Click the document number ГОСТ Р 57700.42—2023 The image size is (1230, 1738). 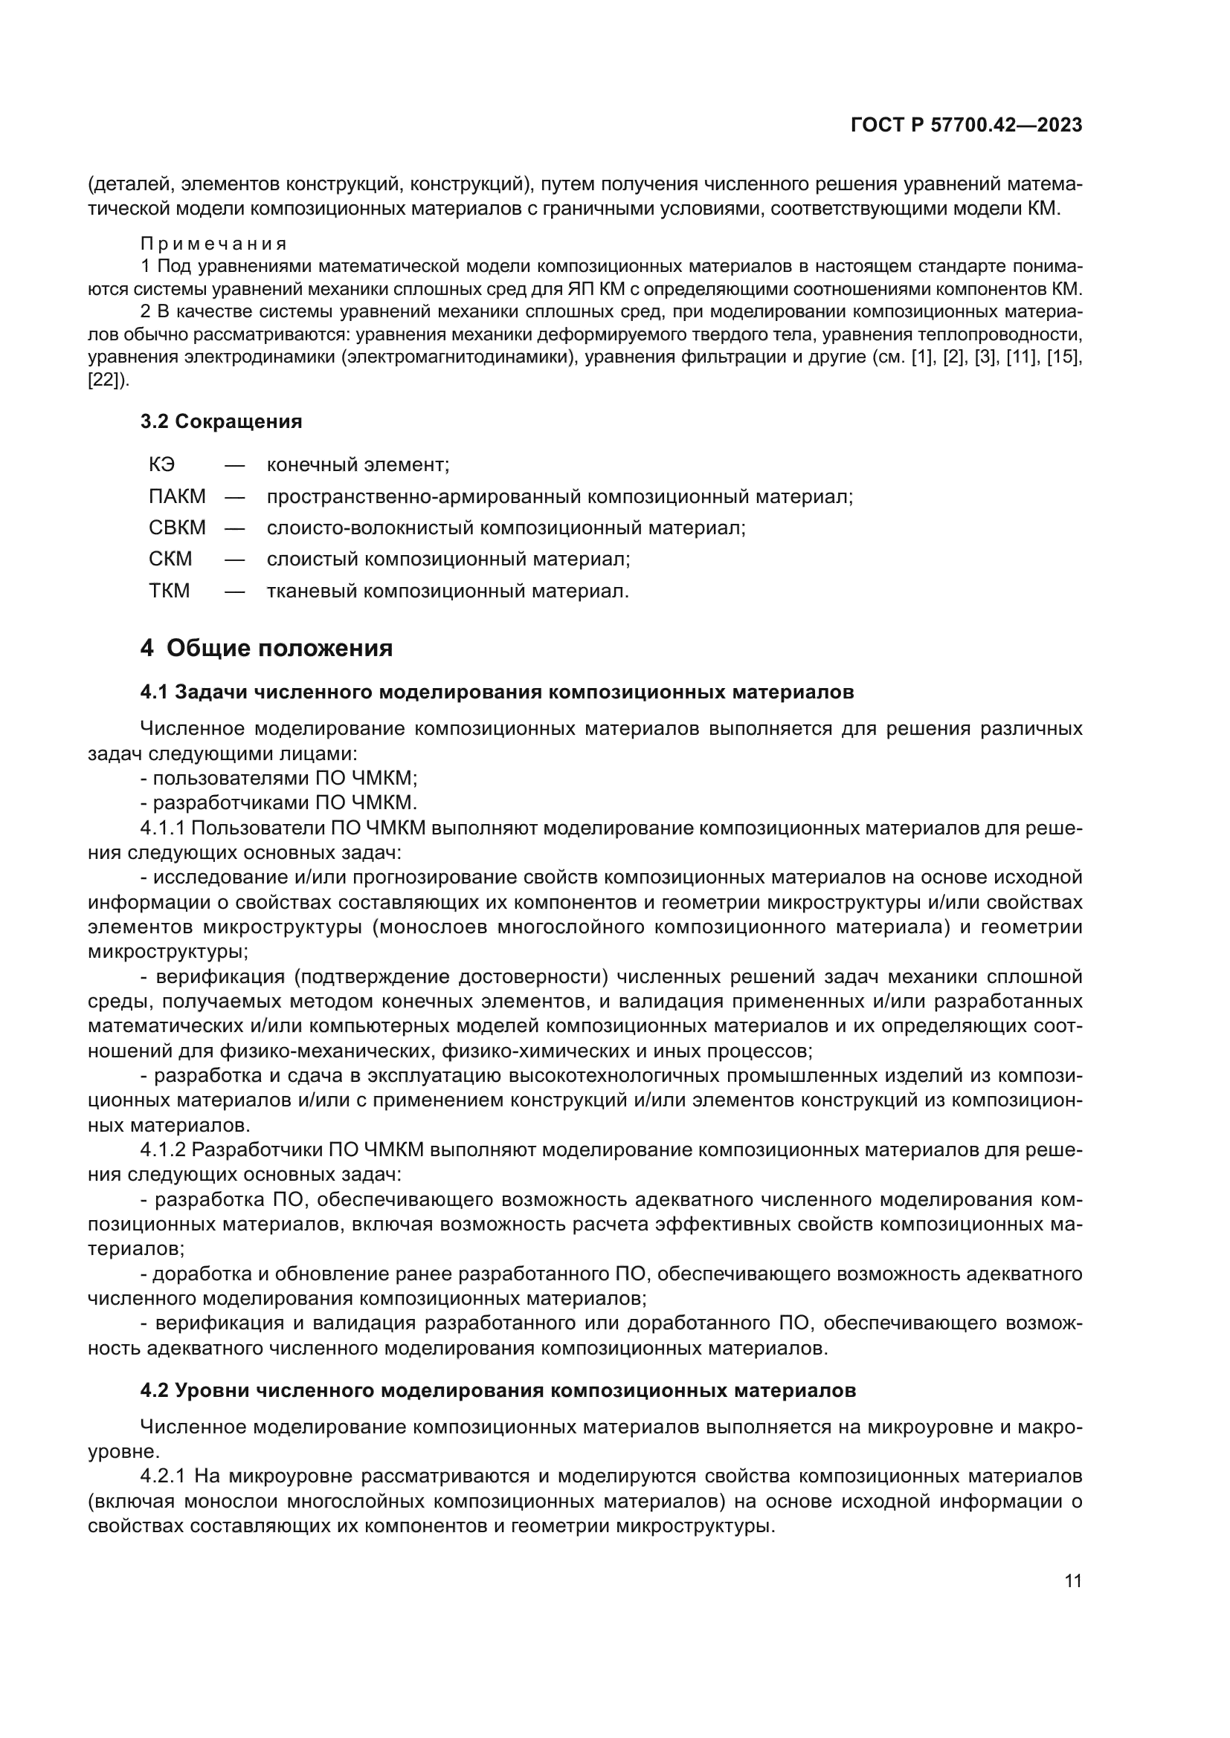coord(967,125)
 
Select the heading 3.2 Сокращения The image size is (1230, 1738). coord(221,421)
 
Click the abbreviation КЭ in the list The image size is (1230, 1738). coord(162,464)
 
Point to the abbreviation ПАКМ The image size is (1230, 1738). coord(177,496)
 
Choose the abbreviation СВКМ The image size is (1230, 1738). coord(177,528)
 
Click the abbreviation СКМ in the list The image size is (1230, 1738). coord(170,560)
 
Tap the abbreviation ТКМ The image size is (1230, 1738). coord(170,591)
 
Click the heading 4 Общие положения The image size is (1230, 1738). coord(267,649)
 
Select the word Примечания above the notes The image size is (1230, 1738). coord(213,244)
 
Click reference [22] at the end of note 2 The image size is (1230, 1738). coord(109,380)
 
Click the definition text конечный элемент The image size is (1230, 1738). coord(358,464)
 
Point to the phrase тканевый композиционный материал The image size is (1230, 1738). coord(448,591)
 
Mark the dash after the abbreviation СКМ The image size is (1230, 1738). coord(235,560)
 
